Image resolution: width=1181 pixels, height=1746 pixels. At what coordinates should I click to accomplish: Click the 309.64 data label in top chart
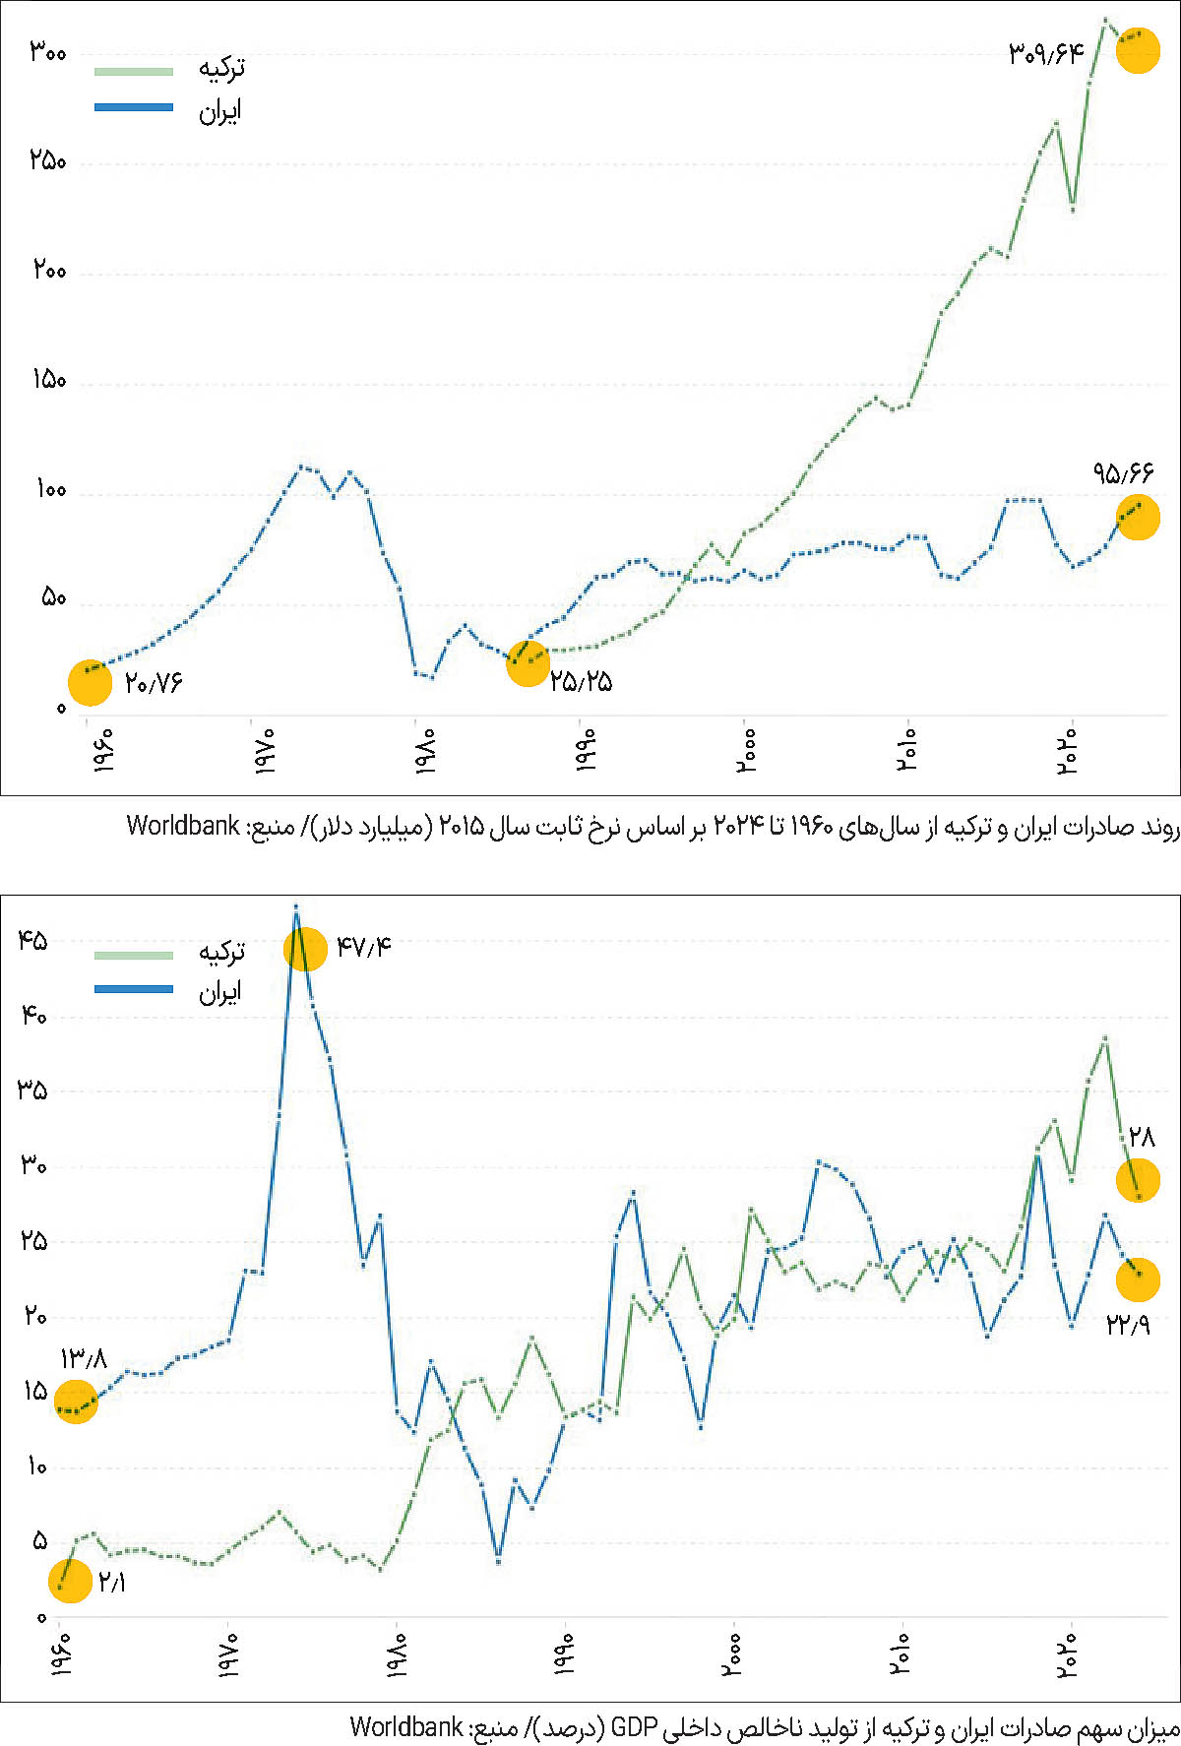[x=1045, y=53]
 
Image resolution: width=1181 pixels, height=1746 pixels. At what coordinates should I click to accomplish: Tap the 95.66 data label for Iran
[x=1122, y=473]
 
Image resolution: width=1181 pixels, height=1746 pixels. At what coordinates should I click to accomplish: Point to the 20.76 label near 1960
[x=154, y=683]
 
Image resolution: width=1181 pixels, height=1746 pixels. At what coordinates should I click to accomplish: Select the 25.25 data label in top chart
[x=581, y=681]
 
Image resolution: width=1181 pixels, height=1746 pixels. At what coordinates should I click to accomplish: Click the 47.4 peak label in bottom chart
[x=363, y=947]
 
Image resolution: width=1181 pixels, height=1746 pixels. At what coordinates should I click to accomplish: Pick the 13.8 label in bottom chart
[x=84, y=1359]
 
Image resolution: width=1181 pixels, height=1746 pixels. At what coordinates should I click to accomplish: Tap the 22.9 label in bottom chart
[x=1128, y=1325]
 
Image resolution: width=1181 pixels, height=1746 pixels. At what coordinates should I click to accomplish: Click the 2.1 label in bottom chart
[x=111, y=1583]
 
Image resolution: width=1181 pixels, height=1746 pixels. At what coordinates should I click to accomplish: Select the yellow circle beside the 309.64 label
[x=1138, y=51]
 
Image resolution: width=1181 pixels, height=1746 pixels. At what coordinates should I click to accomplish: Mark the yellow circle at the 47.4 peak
[x=305, y=949]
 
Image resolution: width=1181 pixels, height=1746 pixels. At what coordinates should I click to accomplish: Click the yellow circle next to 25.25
[x=528, y=664]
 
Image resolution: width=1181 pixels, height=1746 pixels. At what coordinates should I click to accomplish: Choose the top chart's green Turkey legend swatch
[x=134, y=71]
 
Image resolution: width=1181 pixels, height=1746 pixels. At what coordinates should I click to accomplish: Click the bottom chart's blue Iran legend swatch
[x=134, y=989]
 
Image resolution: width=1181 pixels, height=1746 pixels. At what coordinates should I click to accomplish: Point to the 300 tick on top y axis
[x=47, y=52]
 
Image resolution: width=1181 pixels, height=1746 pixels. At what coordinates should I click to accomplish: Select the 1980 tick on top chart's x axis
[x=424, y=750]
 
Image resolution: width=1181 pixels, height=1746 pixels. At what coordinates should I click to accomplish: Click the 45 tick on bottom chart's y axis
[x=32, y=941]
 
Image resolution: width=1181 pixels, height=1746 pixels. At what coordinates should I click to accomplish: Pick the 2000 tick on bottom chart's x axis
[x=733, y=1655]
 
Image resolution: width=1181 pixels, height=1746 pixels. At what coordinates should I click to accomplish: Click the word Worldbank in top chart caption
[x=183, y=826]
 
